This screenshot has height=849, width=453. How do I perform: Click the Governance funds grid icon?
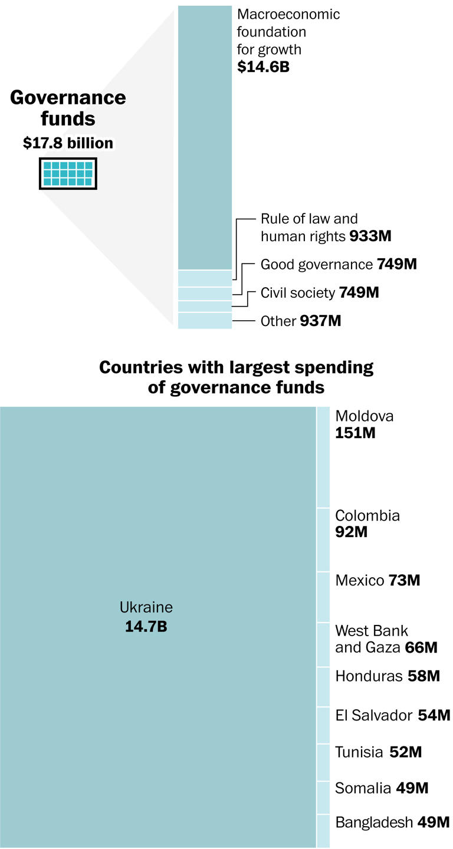click(68, 173)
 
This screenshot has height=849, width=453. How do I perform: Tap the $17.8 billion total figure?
click(68, 143)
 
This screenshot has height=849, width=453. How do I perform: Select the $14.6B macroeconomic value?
click(263, 67)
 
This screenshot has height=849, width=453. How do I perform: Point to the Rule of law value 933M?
click(370, 236)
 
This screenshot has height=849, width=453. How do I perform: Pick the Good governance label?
click(316, 264)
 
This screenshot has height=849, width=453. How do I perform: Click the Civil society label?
click(297, 292)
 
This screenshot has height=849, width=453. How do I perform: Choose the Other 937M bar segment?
click(205, 321)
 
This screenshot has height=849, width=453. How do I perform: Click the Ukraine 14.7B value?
click(146, 626)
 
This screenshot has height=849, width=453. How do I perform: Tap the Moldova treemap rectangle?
click(323, 457)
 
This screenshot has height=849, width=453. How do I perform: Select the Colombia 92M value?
click(351, 532)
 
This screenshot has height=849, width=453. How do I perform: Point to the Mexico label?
click(359, 580)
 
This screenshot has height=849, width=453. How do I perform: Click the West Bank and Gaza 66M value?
click(421, 648)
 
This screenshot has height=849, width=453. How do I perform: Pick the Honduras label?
click(369, 676)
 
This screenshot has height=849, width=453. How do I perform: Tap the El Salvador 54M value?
click(434, 715)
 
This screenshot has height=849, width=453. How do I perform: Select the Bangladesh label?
click(373, 822)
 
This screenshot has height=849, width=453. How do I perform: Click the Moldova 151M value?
click(355, 433)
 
